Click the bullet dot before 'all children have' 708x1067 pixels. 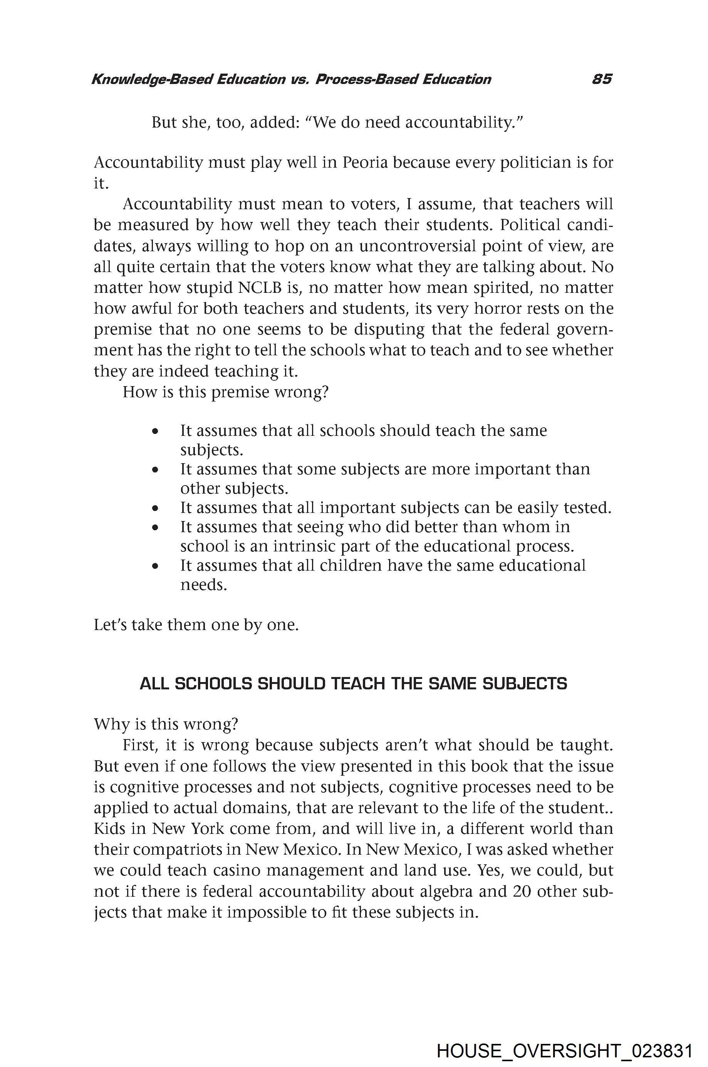[x=155, y=566]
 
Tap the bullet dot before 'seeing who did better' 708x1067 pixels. [x=155, y=527]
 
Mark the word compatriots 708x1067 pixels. [x=178, y=850]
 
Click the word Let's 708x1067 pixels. [x=110, y=625]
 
